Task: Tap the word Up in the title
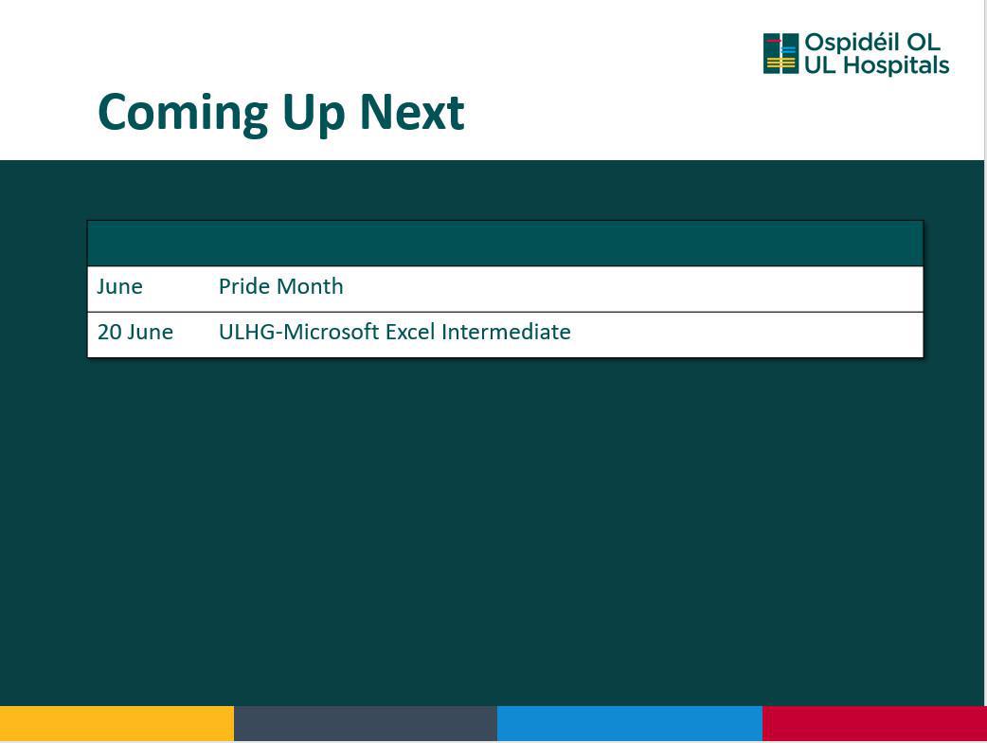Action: (314, 114)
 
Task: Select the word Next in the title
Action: (412, 112)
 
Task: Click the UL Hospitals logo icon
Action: (781, 53)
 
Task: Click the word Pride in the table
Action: (243, 286)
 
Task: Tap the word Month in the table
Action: (309, 286)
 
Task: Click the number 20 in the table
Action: (109, 332)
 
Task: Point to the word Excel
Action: (410, 331)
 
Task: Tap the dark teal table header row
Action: (506, 244)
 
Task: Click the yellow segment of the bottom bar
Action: (117, 723)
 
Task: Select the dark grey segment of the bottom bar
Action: (366, 723)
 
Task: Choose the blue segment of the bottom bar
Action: (630, 723)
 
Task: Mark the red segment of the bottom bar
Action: (874, 723)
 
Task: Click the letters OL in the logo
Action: (923, 43)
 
